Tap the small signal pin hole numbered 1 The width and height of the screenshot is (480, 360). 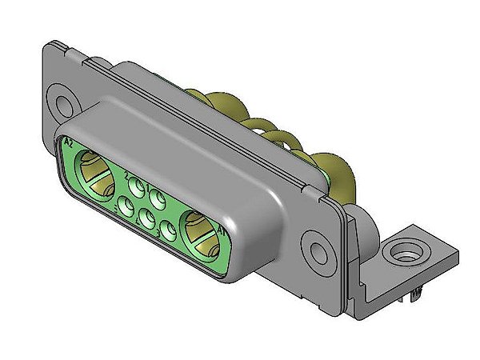157,195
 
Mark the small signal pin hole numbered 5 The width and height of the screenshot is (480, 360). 126,207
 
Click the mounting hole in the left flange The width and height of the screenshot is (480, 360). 62,103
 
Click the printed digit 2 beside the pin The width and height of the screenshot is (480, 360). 128,175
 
